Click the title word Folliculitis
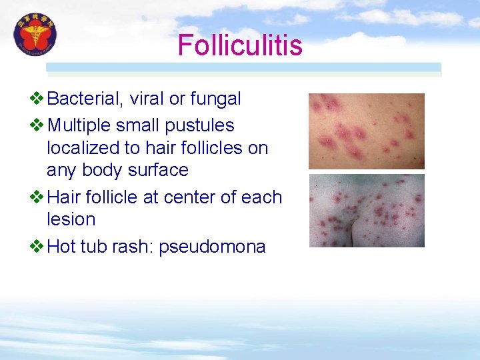tap(240, 46)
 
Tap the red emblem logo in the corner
tap(35, 35)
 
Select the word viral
tap(147, 99)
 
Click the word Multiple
tap(84, 125)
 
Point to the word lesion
tap(71, 219)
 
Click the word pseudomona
tap(212, 247)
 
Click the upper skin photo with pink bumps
tap(366, 131)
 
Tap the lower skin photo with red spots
tap(366, 211)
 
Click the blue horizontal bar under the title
tap(243, 67)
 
